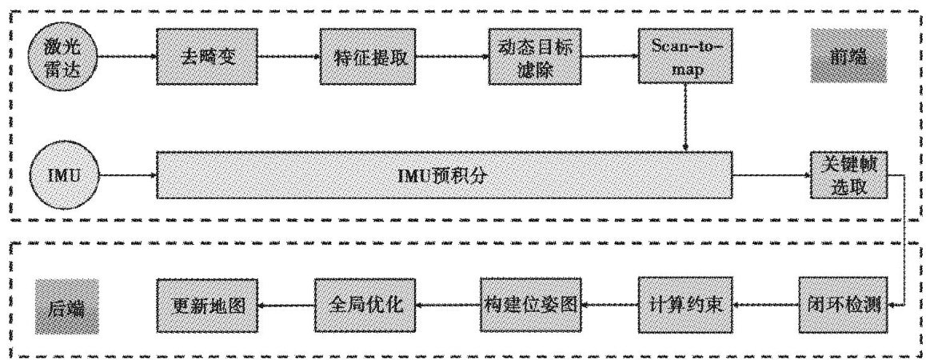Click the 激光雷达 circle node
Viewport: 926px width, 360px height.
point(62,58)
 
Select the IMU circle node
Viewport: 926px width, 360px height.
point(62,174)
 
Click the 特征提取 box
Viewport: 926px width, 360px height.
point(369,58)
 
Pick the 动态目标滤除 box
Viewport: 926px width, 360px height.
point(535,58)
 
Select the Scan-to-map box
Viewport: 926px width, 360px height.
point(686,58)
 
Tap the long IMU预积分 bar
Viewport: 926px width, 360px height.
point(445,174)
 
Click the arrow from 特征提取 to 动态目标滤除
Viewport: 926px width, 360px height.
point(453,58)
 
